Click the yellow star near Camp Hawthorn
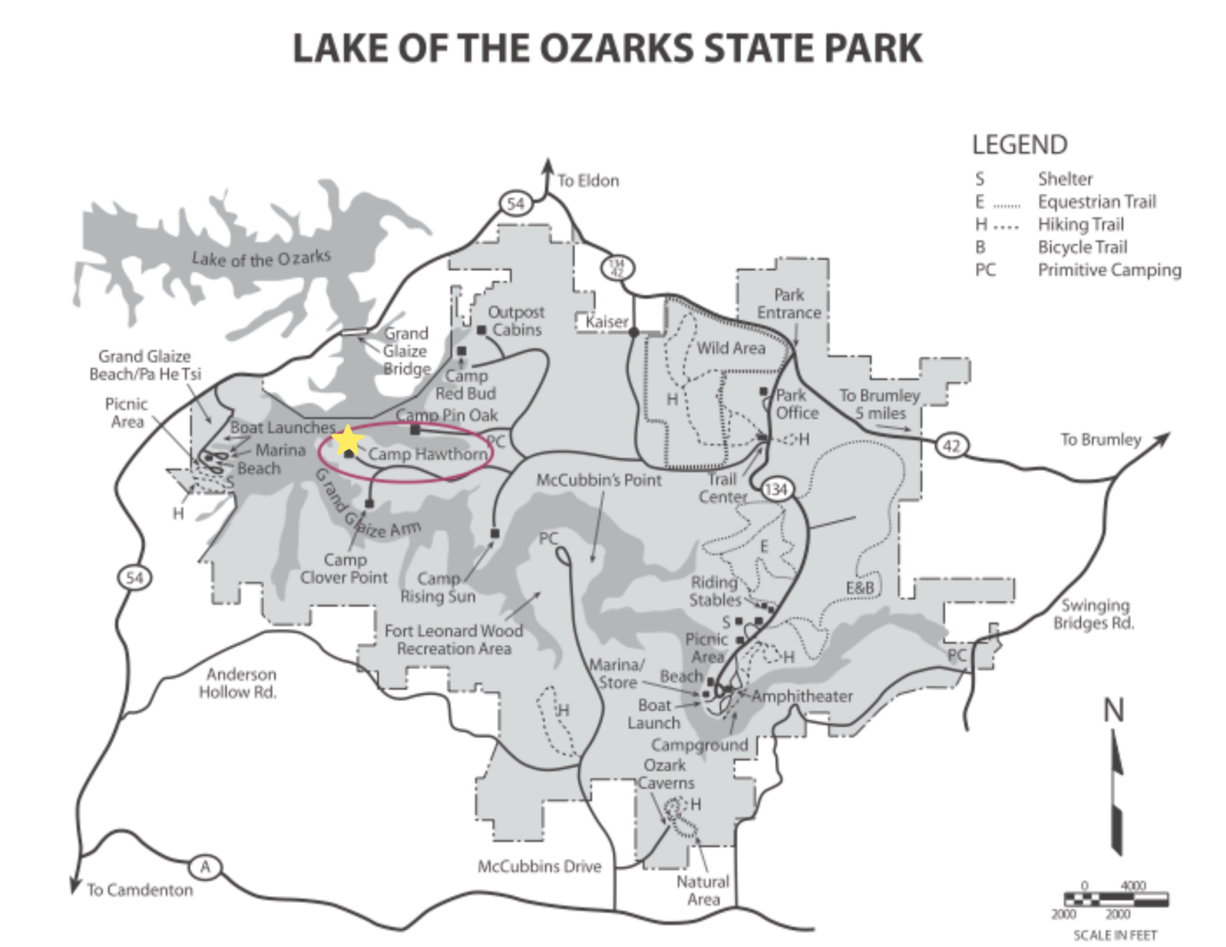click(x=347, y=440)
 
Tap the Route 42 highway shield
click(x=951, y=446)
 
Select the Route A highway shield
click(x=205, y=867)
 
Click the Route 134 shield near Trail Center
click(x=775, y=490)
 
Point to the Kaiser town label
click(x=606, y=322)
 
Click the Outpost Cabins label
click(x=516, y=320)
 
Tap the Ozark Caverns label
click(x=665, y=773)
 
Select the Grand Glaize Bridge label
click(x=406, y=350)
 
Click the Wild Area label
click(x=731, y=348)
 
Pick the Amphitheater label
click(x=802, y=696)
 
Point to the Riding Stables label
click(x=714, y=591)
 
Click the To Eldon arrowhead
click(x=548, y=166)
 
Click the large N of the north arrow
click(x=1114, y=709)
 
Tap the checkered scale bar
click(x=1116, y=899)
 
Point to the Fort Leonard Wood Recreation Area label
click(x=454, y=639)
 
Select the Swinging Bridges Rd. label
click(x=1094, y=614)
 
